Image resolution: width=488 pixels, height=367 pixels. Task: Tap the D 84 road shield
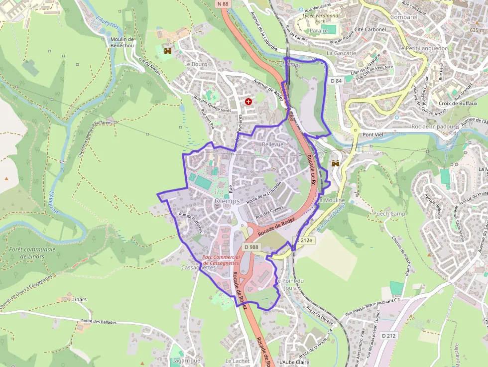336,81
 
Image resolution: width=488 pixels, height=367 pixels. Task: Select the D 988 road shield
252,247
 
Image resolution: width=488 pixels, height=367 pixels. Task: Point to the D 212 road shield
389,336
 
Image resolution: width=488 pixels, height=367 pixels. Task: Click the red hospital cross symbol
248,101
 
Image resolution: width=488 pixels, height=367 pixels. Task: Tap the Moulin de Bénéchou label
122,42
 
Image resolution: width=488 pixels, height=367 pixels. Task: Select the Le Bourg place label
195,64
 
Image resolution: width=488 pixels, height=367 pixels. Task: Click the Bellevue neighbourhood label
272,144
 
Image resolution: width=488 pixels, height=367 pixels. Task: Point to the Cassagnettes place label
198,267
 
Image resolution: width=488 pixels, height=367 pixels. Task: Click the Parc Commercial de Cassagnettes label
221,260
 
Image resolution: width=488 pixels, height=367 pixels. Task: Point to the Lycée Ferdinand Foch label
320,19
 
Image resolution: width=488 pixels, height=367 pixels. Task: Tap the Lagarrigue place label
185,361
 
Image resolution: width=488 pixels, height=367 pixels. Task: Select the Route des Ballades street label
99,322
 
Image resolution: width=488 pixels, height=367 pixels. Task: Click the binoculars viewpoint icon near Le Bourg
168,50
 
